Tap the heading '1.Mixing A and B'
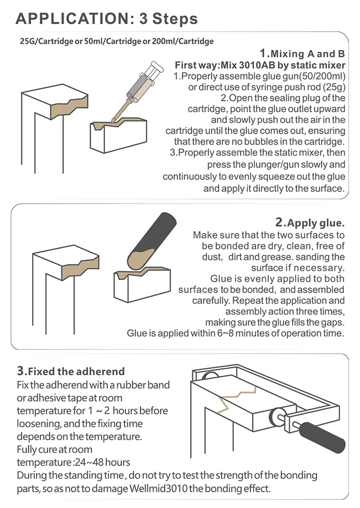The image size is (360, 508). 302,53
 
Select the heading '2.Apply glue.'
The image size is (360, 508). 310,222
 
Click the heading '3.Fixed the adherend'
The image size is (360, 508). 71,371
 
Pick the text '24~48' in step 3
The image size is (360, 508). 90,462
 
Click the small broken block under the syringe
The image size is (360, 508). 118,136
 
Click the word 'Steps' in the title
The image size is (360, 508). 175,19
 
